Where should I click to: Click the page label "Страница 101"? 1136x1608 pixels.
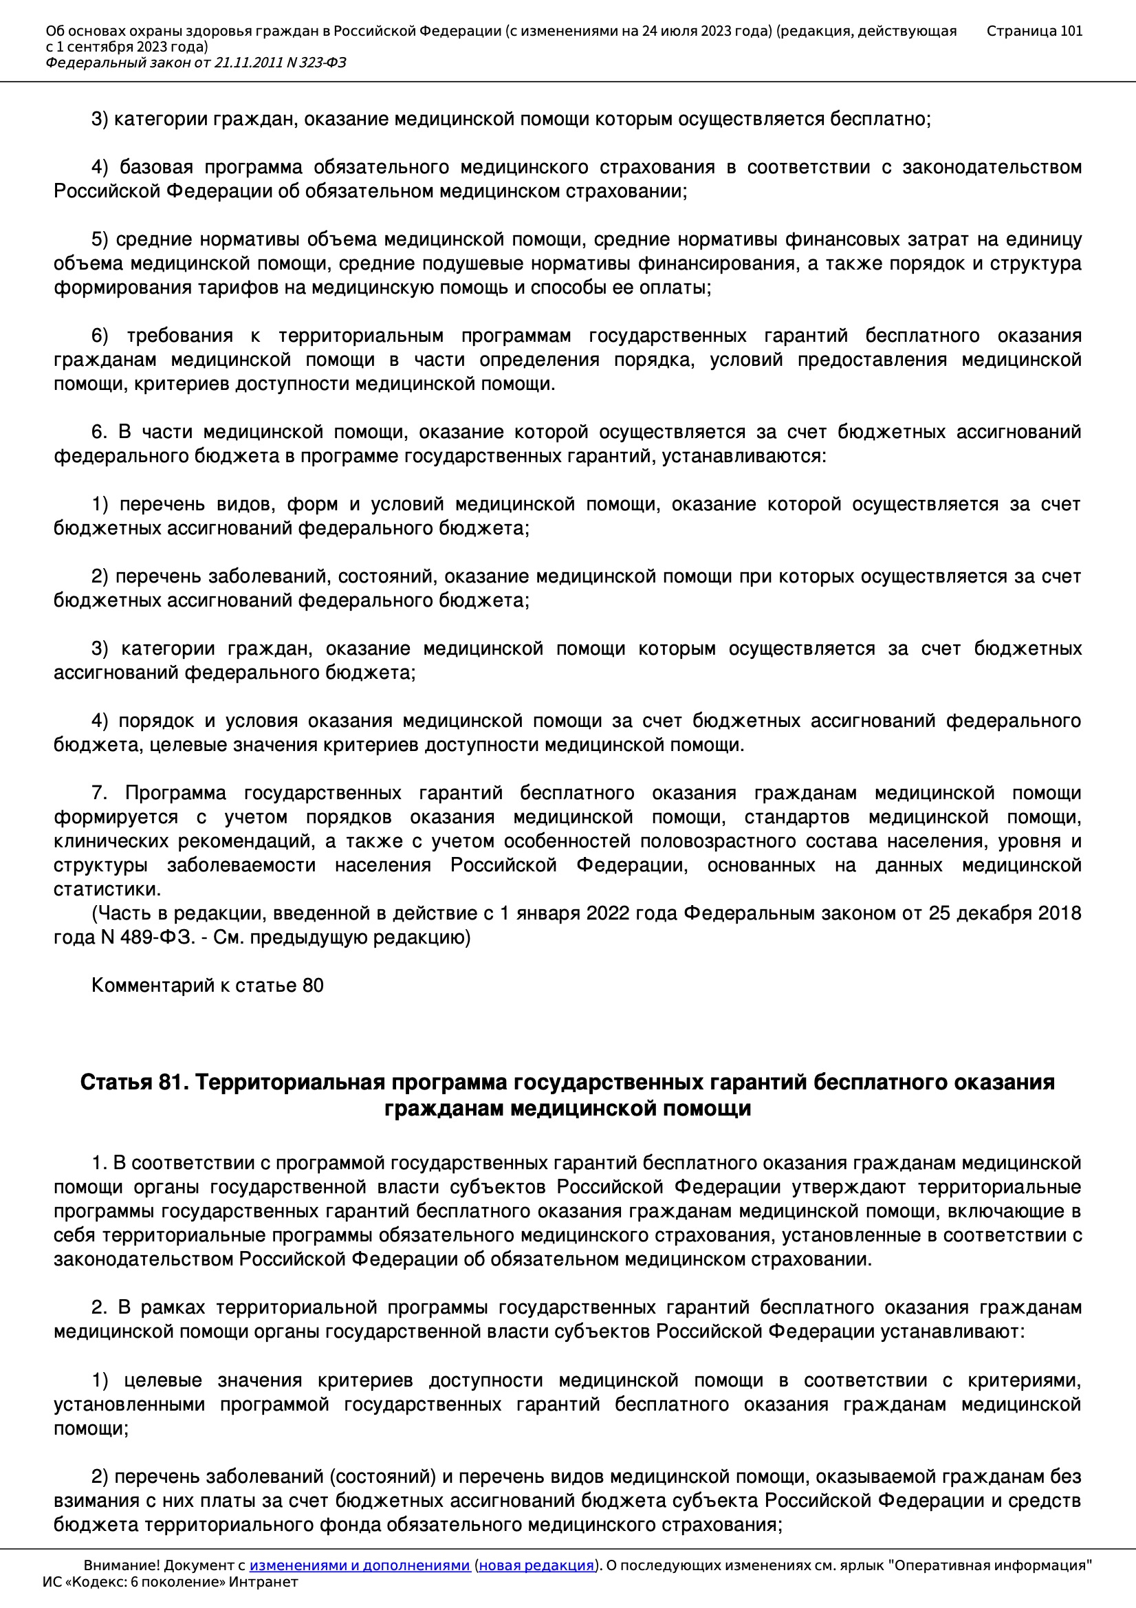[x=1034, y=31]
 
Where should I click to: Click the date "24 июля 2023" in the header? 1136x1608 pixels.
[x=684, y=31]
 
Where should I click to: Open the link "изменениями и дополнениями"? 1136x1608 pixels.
[x=359, y=1565]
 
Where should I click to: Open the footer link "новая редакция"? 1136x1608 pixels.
[x=536, y=1565]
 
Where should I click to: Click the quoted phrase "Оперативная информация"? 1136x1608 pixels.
[x=989, y=1565]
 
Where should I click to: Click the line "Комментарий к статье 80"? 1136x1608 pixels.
[x=207, y=986]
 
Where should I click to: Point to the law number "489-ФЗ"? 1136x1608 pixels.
[x=157, y=937]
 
